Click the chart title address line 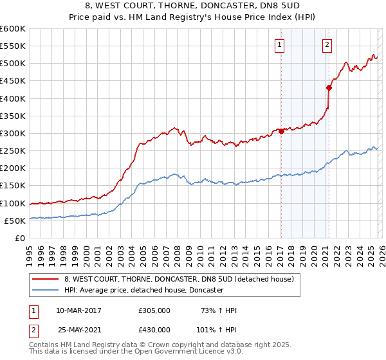pyautogui.click(x=193, y=5)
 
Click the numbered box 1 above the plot pyautogui.click(x=280, y=44)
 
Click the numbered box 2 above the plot pyautogui.click(x=327, y=44)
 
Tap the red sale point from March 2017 pyautogui.click(x=281, y=132)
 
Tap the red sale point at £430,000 pyautogui.click(x=329, y=88)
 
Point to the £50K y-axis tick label pyautogui.click(x=15, y=221)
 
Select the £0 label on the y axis pyautogui.click(x=21, y=238)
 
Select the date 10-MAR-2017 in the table pyautogui.click(x=78, y=310)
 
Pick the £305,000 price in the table pyautogui.click(x=154, y=310)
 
